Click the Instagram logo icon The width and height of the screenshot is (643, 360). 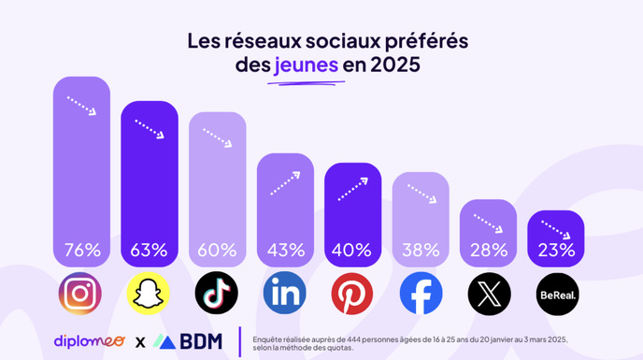[x=81, y=294]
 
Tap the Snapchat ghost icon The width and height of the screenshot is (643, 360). [x=149, y=294]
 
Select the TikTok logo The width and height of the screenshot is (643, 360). [x=217, y=294]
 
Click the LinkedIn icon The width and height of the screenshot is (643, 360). [x=285, y=294]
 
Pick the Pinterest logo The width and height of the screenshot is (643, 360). [x=352, y=294]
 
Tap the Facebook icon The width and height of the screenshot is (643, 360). [x=421, y=294]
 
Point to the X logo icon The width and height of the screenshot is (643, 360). [x=489, y=294]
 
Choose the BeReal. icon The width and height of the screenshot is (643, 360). [x=557, y=294]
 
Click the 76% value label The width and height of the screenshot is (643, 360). [x=81, y=251]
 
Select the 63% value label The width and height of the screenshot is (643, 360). [x=149, y=251]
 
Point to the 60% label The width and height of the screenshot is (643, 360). [x=217, y=251]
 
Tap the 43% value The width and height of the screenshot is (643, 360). [x=285, y=251]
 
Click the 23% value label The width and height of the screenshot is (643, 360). [x=557, y=251]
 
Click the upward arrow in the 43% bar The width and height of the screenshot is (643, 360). [x=285, y=182]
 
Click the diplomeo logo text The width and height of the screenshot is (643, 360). [x=91, y=340]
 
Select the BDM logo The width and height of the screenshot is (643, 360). [x=189, y=340]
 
